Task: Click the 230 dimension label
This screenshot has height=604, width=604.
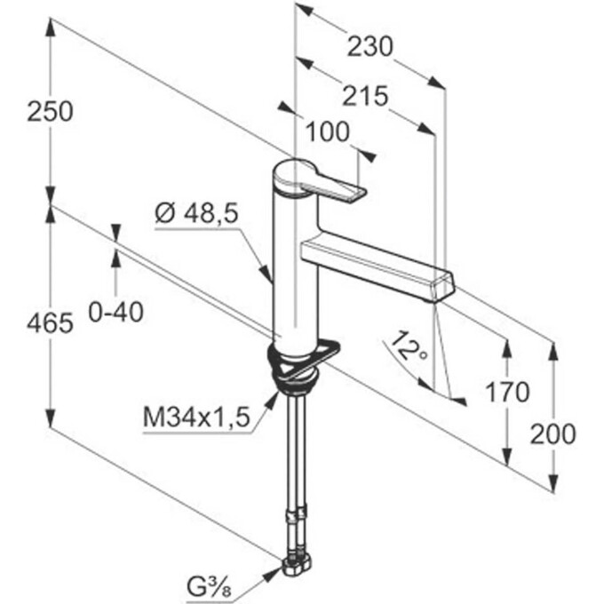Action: click(x=370, y=46)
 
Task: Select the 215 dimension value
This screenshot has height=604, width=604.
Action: click(x=365, y=96)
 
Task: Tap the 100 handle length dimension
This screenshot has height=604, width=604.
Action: click(x=328, y=131)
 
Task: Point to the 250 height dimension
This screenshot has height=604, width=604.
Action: click(x=50, y=112)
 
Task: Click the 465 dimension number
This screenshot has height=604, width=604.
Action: click(x=50, y=322)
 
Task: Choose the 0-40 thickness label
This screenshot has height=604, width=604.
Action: click(x=116, y=312)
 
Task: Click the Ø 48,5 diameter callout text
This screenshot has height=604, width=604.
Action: click(x=196, y=213)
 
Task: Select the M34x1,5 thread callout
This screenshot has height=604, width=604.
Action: click(x=196, y=417)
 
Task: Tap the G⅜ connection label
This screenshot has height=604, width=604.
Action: click(x=209, y=587)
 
